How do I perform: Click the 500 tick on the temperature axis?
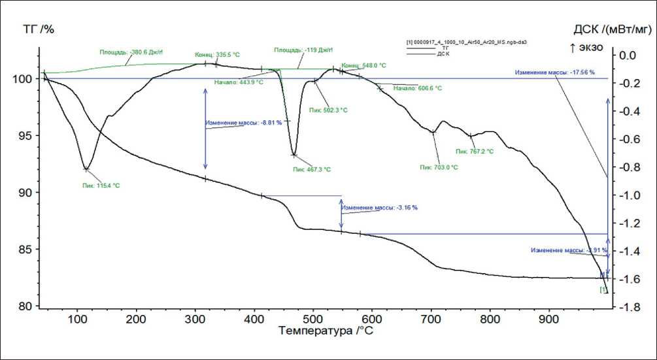pos(312,319)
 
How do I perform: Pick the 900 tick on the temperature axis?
pos(548,319)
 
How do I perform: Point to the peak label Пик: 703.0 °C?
pos(438,167)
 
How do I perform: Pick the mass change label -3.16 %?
pos(379,208)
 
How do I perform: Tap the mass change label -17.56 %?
pos(554,73)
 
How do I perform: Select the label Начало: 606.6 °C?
pos(417,88)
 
